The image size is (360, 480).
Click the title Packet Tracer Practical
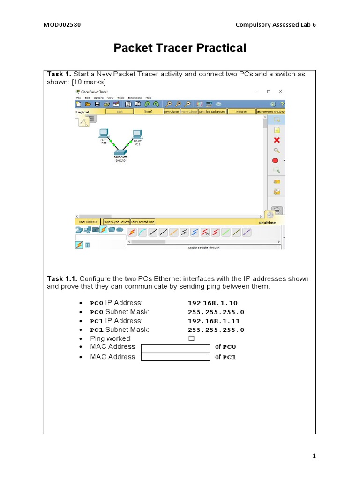point(180,48)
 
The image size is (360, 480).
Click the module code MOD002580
point(62,25)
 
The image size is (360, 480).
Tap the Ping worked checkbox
point(191,338)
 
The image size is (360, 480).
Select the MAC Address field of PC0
point(175,347)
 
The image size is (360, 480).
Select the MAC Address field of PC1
point(175,357)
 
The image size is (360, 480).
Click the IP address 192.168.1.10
point(212,303)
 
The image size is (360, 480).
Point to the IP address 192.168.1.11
point(212,321)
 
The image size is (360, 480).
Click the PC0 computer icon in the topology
point(104,134)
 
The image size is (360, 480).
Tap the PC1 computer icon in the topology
point(137,134)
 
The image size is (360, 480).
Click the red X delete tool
point(277,140)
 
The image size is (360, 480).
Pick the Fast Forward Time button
point(142,222)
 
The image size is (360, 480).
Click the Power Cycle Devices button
point(116,222)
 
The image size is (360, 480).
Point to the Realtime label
point(267,223)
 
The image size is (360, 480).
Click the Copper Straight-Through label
point(203,247)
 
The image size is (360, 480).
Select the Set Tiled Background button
point(212,112)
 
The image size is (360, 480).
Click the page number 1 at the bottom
point(315,456)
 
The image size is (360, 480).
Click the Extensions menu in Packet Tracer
point(135,97)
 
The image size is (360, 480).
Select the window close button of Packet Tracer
point(280,92)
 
